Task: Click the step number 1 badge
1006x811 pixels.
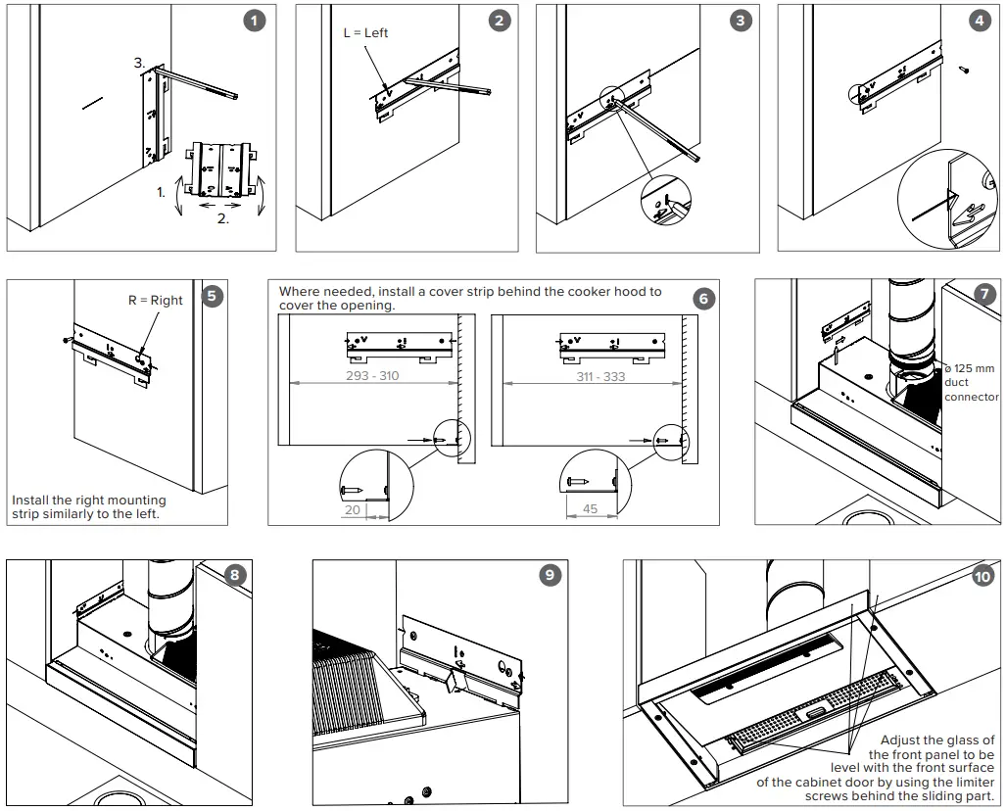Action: click(x=255, y=21)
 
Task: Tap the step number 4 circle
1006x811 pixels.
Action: click(x=981, y=21)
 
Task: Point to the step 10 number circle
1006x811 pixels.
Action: click(x=982, y=576)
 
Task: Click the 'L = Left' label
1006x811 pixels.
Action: click(x=365, y=32)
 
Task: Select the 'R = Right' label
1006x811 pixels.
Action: click(x=155, y=300)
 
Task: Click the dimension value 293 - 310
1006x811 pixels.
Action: click(x=372, y=375)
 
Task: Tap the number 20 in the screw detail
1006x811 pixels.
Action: click(x=353, y=509)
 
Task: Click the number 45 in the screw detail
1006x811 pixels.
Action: click(x=590, y=509)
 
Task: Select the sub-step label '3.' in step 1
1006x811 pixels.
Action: click(x=140, y=63)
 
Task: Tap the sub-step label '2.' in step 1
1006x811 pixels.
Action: click(x=222, y=219)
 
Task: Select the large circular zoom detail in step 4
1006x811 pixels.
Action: click(x=946, y=201)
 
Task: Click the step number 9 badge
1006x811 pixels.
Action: click(x=550, y=575)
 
